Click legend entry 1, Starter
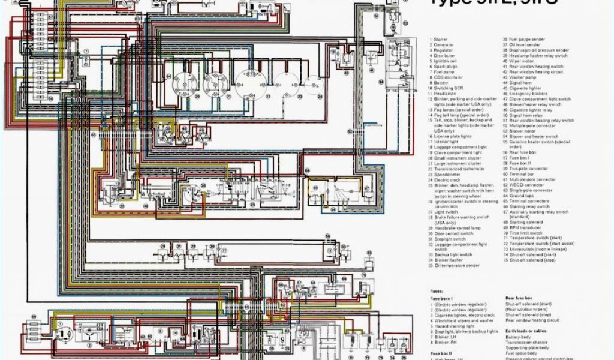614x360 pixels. (443, 40)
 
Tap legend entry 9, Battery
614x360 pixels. (441, 83)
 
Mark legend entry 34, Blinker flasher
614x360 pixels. (448, 259)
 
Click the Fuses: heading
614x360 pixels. (437, 290)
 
